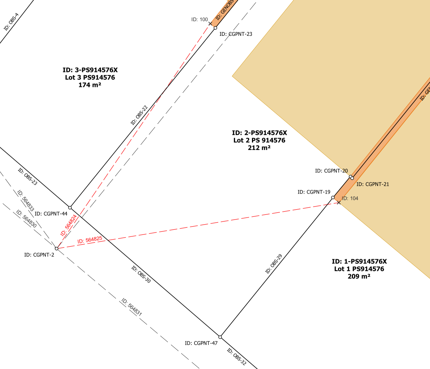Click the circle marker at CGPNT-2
57,249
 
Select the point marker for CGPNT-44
70,208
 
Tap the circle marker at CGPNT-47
220,337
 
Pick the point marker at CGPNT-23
215,28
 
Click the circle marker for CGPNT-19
333,197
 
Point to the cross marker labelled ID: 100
210,24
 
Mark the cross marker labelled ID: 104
339,203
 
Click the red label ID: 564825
90,240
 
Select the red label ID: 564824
68,225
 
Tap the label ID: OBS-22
139,115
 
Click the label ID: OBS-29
274,264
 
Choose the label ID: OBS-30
141,274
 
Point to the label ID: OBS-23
28,177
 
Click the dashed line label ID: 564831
131,307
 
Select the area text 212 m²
259,148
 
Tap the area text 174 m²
90,85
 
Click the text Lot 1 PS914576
359,269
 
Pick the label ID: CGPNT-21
373,184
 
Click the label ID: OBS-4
11,22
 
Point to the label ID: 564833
26,201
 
